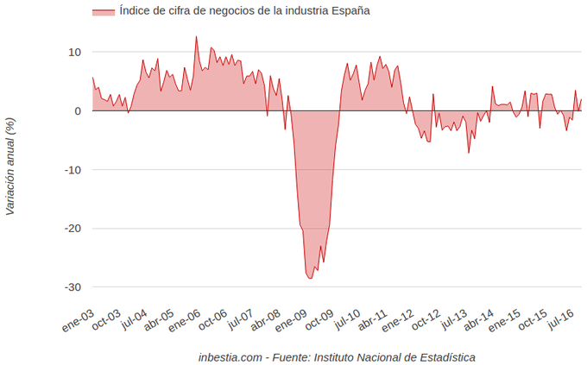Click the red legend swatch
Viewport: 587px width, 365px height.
(103, 11)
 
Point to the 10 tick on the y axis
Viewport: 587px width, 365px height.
(75, 53)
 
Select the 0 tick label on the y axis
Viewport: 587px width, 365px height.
(78, 111)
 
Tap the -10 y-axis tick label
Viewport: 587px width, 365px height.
(73, 170)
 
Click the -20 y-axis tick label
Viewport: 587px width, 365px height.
(73, 229)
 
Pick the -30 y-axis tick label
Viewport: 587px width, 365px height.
(73, 287)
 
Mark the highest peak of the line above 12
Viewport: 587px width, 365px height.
(196, 36)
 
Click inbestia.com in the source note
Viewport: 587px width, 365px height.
(230, 356)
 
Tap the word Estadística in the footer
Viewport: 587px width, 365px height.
(445, 356)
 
